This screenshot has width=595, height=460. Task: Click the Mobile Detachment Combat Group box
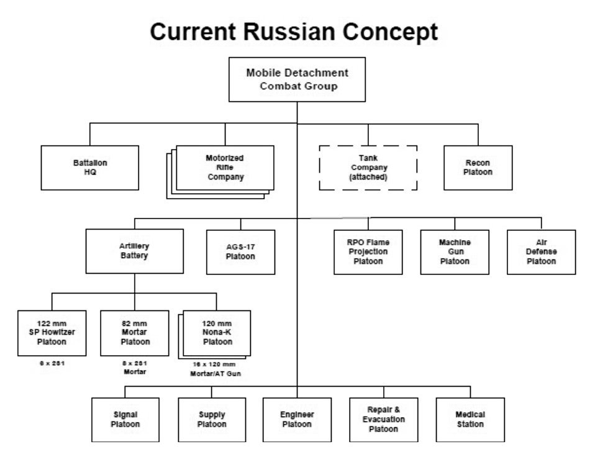tap(297, 79)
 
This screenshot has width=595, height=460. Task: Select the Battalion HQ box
tap(90, 168)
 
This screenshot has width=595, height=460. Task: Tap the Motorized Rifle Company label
tap(225, 167)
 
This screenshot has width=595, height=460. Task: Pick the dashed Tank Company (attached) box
tap(368, 168)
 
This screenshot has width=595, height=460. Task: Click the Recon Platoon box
tap(478, 168)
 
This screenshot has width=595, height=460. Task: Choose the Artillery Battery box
tap(135, 251)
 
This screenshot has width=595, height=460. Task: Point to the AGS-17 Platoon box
tap(240, 252)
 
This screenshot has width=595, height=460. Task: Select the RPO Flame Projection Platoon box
tap(368, 252)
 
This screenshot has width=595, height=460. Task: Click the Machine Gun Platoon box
tap(455, 252)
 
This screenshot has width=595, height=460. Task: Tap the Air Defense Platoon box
tap(542, 252)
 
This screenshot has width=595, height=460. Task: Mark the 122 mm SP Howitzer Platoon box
tap(52, 333)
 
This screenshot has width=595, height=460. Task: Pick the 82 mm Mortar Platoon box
tap(135, 333)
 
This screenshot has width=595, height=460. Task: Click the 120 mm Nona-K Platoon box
tap(217, 333)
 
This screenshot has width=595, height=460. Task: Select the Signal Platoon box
tap(125, 420)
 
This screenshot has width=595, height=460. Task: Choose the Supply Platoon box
tap(212, 420)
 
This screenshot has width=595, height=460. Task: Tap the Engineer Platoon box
tap(297, 420)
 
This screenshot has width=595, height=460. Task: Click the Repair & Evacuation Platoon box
tap(384, 420)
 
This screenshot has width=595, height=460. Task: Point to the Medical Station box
tap(471, 420)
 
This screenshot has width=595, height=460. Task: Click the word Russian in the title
tap(289, 32)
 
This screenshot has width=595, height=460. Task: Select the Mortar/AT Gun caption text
tap(215, 374)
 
